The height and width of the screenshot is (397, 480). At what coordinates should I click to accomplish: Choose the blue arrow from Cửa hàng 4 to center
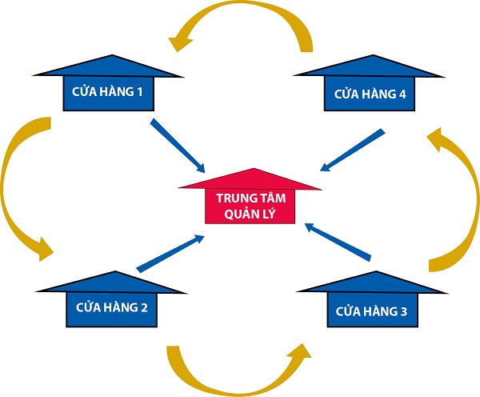(352, 150)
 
